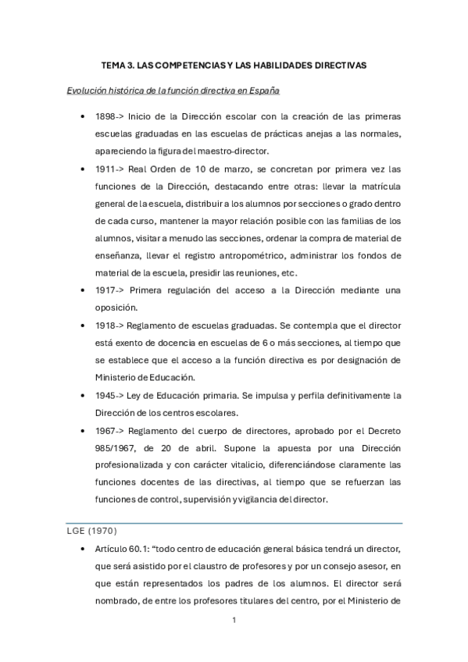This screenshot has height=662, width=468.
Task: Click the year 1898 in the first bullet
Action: coord(106,116)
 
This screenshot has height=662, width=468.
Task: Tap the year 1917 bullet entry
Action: coord(105,290)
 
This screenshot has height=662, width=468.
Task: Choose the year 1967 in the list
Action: coord(105,429)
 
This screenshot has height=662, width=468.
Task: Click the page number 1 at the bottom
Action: coord(234,620)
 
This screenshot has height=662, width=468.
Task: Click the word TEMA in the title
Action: coord(116,66)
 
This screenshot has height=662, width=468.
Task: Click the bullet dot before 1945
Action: coord(83,395)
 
